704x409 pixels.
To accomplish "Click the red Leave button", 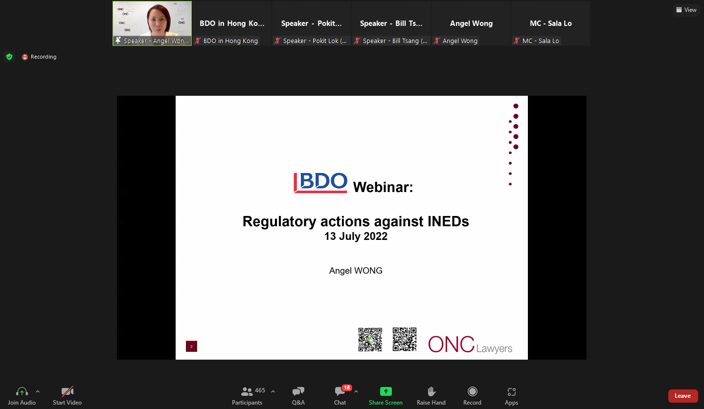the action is [682, 396].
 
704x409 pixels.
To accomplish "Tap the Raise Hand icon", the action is [431, 391].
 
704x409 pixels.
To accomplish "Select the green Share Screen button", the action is [386, 391].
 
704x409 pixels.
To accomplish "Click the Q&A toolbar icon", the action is [298, 391].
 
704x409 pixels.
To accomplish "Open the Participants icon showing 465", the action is [247, 391].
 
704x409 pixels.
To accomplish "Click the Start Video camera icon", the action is [67, 391].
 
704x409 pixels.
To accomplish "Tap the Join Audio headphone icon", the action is [22, 391].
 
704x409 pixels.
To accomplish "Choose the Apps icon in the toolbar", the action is [511, 391].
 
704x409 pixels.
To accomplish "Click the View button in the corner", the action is [686, 10].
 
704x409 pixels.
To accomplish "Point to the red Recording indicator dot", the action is [25, 57].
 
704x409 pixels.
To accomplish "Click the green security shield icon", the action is [9, 57].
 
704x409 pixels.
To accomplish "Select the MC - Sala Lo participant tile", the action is [551, 23].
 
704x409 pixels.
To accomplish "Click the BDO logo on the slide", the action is [320, 183].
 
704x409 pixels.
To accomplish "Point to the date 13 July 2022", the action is [356, 236].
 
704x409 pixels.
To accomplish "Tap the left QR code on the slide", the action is [370, 340].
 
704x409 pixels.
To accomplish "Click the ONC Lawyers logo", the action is [470, 344].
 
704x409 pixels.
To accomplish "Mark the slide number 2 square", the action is [191, 346].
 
